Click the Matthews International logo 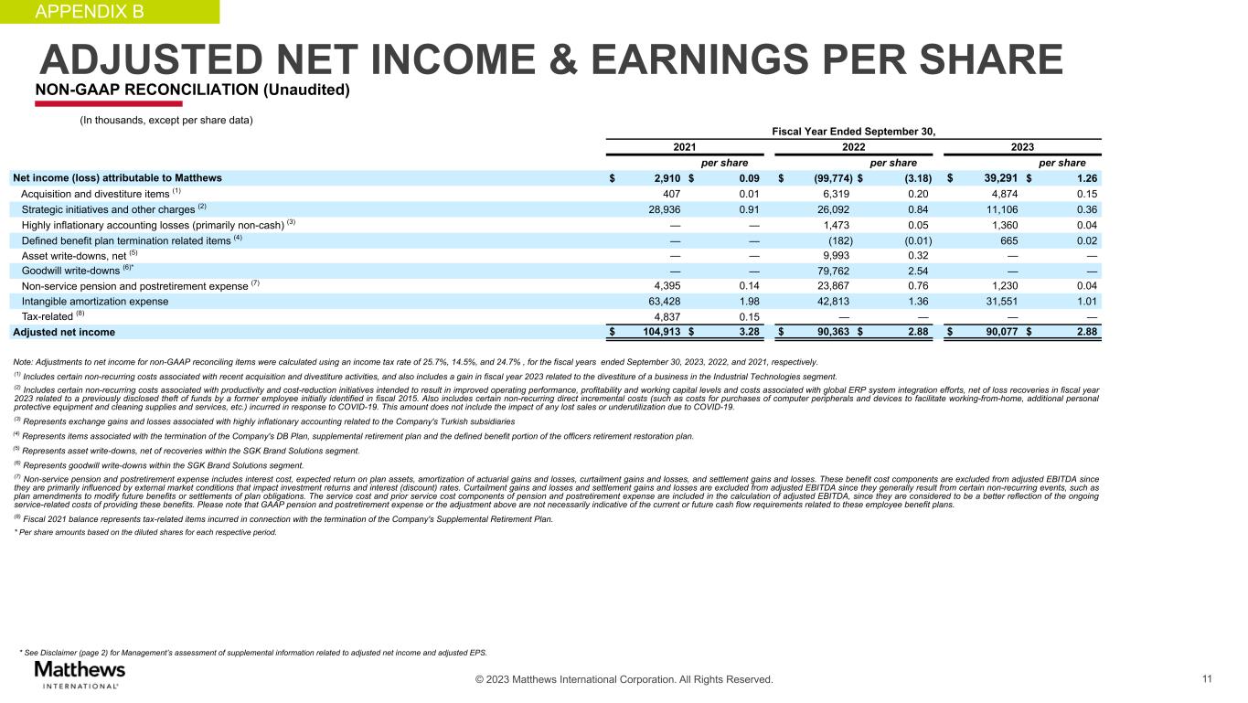coord(80,675)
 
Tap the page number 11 coord(1208,679)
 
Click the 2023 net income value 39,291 coord(995,177)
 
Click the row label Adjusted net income coord(64,333)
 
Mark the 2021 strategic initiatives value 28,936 coord(659,208)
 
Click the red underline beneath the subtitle coord(96,103)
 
